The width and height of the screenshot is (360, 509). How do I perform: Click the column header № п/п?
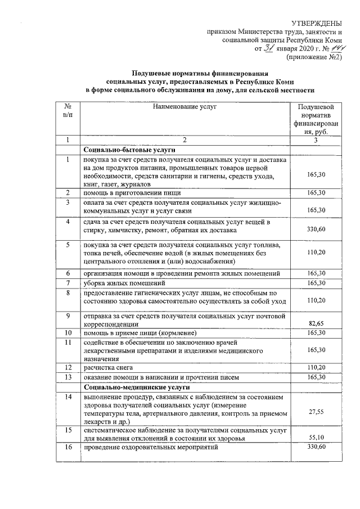pos(67,110)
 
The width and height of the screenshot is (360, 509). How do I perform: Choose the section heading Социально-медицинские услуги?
pos(137,388)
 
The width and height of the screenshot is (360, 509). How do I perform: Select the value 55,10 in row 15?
pos(317,436)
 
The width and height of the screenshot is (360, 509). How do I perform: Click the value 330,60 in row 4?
pos(317,229)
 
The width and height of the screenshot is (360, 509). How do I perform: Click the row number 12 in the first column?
pos(67,367)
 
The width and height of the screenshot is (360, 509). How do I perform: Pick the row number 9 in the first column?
pos(67,316)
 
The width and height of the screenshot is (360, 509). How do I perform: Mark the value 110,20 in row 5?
pos(317,253)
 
